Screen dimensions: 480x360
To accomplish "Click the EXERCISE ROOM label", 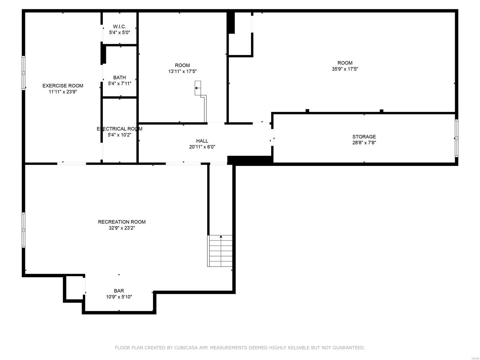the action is point(63,86).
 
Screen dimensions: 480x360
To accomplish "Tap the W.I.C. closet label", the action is point(119,27).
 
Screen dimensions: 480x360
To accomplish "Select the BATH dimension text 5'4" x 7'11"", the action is point(119,83).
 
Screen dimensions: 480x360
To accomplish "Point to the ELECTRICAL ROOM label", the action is point(119,129).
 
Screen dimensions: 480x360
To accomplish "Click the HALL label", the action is point(202,141).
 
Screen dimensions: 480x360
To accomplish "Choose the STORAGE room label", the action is point(364,137).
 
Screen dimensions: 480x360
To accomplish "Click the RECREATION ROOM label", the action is point(121,222).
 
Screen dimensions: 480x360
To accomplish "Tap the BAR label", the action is point(119,291).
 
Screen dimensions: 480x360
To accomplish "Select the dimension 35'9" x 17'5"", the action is point(345,69).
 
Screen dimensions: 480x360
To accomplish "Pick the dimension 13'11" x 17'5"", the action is point(182,71).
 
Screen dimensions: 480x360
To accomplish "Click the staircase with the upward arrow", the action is point(220,251).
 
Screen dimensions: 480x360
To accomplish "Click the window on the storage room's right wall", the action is point(456,138).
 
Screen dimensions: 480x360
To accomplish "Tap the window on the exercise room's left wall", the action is point(23,73).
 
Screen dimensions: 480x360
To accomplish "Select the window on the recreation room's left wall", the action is point(23,230).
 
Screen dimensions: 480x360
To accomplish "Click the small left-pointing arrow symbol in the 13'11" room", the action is point(197,88).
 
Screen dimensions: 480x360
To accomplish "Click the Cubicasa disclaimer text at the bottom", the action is point(240,348).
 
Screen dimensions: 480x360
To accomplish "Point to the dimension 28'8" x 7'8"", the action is point(364,143).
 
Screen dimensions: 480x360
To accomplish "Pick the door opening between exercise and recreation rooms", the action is point(72,163).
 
